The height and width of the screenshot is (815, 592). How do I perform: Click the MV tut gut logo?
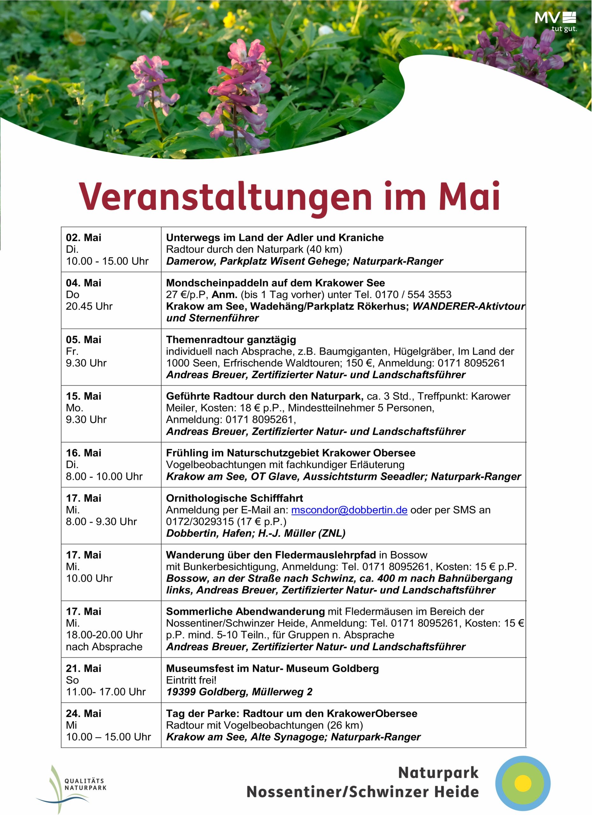555,22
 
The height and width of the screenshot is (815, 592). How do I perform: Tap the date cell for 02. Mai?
83,237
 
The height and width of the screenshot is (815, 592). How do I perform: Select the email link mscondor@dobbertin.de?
349,510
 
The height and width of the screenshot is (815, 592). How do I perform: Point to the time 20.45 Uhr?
89,306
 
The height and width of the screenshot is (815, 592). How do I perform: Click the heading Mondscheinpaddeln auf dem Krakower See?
275,283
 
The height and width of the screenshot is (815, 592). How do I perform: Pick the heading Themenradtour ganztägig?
231,340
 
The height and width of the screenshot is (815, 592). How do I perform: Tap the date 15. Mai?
83,396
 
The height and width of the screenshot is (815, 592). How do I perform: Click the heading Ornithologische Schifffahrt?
234,498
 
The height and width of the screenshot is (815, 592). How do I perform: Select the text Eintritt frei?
191,680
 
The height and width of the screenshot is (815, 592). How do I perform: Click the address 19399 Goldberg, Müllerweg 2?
239,692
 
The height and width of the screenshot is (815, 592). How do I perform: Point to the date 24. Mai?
83,713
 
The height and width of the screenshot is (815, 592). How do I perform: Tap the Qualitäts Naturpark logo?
72,788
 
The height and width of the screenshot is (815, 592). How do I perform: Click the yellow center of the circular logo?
523,783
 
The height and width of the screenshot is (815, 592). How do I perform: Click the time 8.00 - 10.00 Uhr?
104,477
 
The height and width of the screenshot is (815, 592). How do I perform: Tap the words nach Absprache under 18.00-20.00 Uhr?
104,647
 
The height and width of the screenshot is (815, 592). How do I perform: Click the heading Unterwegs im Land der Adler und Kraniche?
275,237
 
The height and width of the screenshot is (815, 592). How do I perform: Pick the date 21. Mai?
83,668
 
